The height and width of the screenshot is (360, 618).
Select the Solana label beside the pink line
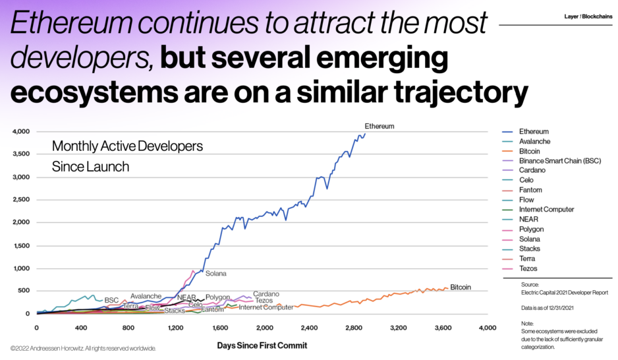[216, 273]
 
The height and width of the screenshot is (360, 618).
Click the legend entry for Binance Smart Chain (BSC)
[559, 161]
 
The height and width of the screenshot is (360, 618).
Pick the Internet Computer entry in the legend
[546, 210]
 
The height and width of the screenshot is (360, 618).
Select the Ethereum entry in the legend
[534, 132]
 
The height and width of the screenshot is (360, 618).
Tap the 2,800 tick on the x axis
[354, 328]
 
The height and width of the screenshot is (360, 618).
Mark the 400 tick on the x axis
[82, 328]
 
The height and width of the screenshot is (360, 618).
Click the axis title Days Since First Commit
[262, 345]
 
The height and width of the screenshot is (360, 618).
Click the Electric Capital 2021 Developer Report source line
[555, 292]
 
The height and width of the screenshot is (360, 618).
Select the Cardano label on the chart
[266, 293]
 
